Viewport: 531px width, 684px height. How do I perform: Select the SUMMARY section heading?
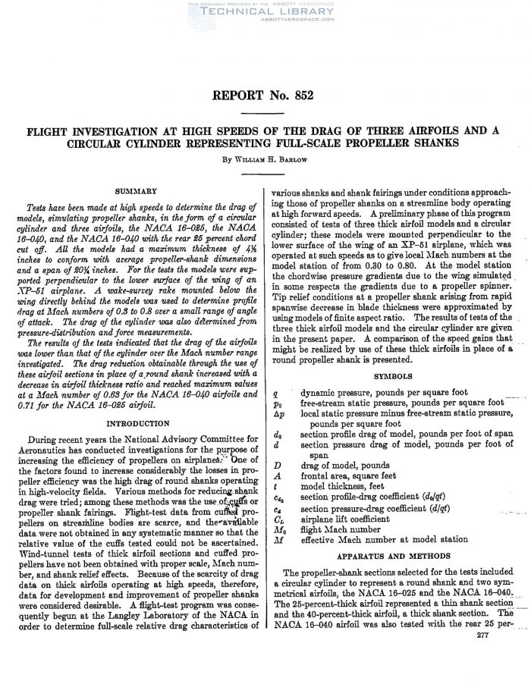(x=137, y=190)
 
